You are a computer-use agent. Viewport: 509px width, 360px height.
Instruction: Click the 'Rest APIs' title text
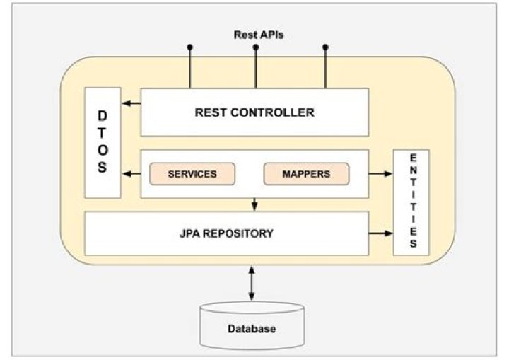click(258, 34)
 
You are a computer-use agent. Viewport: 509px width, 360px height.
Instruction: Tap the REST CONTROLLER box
click(255, 112)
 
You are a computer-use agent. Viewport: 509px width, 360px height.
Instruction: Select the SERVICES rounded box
click(192, 173)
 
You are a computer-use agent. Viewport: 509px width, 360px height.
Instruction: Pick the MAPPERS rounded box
click(306, 173)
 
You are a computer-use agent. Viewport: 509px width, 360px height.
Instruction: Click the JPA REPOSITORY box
click(226, 233)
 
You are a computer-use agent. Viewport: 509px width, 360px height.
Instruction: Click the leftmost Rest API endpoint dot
click(189, 47)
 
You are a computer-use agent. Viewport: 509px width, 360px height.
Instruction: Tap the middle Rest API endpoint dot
click(255, 47)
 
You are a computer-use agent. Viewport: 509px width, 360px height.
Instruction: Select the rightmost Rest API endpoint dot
click(326, 47)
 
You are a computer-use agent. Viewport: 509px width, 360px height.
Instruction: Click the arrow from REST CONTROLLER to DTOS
click(131, 104)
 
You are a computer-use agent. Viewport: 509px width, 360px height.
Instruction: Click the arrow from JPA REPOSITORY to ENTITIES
click(380, 233)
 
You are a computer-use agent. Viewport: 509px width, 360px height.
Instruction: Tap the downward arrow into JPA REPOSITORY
click(255, 204)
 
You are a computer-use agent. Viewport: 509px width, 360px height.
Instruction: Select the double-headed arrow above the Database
click(252, 283)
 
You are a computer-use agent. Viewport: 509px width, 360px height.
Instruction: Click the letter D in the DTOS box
click(103, 115)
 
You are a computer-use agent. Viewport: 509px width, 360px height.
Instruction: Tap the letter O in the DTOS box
click(103, 150)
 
